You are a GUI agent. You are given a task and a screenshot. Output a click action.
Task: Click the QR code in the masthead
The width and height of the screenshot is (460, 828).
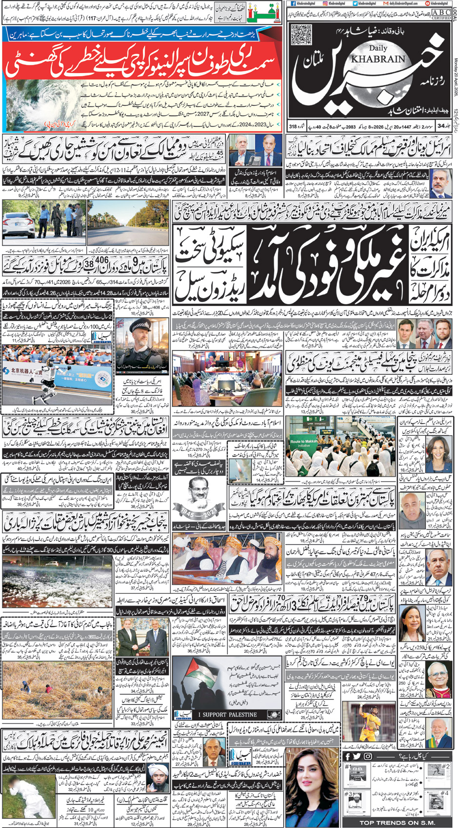pyautogui.click(x=301, y=34)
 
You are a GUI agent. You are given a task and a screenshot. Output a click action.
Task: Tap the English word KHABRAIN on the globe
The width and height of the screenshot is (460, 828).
pyautogui.click(x=387, y=58)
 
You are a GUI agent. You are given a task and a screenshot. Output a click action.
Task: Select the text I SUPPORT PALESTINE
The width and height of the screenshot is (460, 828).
pyautogui.click(x=227, y=714)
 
